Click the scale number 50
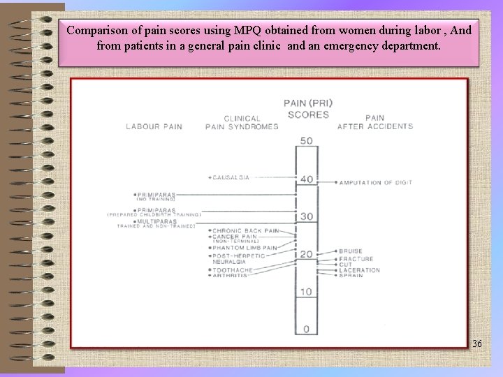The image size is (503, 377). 306,141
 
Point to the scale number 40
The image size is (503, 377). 306,179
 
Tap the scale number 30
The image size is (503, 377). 306,216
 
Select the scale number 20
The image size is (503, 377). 306,254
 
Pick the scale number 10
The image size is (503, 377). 306,291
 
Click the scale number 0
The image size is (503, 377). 306,328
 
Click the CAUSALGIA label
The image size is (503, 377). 231,177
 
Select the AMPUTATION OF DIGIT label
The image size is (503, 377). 376,183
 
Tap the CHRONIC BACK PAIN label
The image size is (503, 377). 245,230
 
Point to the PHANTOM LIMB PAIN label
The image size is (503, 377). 245,247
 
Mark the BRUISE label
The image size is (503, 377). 351,251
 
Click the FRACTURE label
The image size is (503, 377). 356,259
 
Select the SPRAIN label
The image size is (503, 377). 352,276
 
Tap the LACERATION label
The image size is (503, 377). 359,270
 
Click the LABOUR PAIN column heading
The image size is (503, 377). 154,126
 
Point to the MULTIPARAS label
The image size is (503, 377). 156,221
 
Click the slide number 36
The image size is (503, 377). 477,343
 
